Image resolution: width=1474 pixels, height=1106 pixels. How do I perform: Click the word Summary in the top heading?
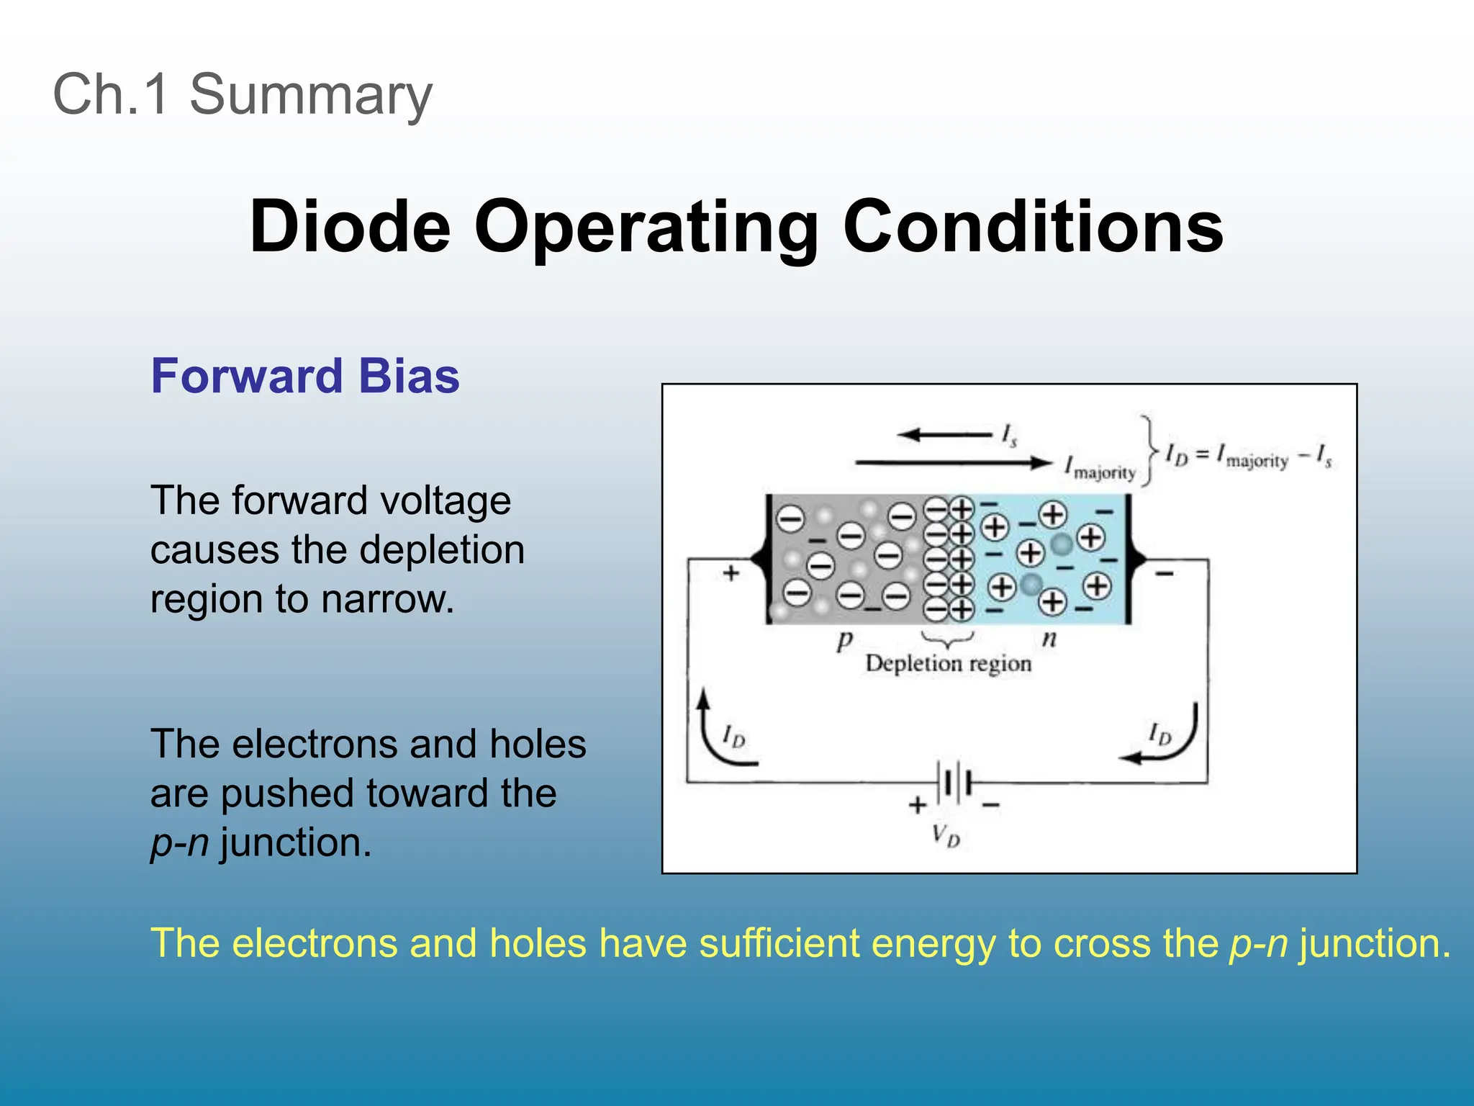click(310, 94)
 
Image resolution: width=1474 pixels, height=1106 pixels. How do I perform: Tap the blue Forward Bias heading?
click(304, 376)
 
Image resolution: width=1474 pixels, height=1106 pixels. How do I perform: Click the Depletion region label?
click(948, 662)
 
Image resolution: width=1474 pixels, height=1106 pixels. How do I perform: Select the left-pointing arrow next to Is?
click(944, 434)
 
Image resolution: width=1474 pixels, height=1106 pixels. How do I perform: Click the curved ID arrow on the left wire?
click(720, 734)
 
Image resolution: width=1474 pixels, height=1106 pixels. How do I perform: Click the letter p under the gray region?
click(844, 639)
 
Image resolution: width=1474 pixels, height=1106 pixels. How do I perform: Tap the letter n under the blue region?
click(1049, 638)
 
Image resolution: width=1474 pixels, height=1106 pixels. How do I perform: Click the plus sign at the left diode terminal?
click(731, 573)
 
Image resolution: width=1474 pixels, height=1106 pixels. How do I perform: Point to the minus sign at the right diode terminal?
click(1165, 574)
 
